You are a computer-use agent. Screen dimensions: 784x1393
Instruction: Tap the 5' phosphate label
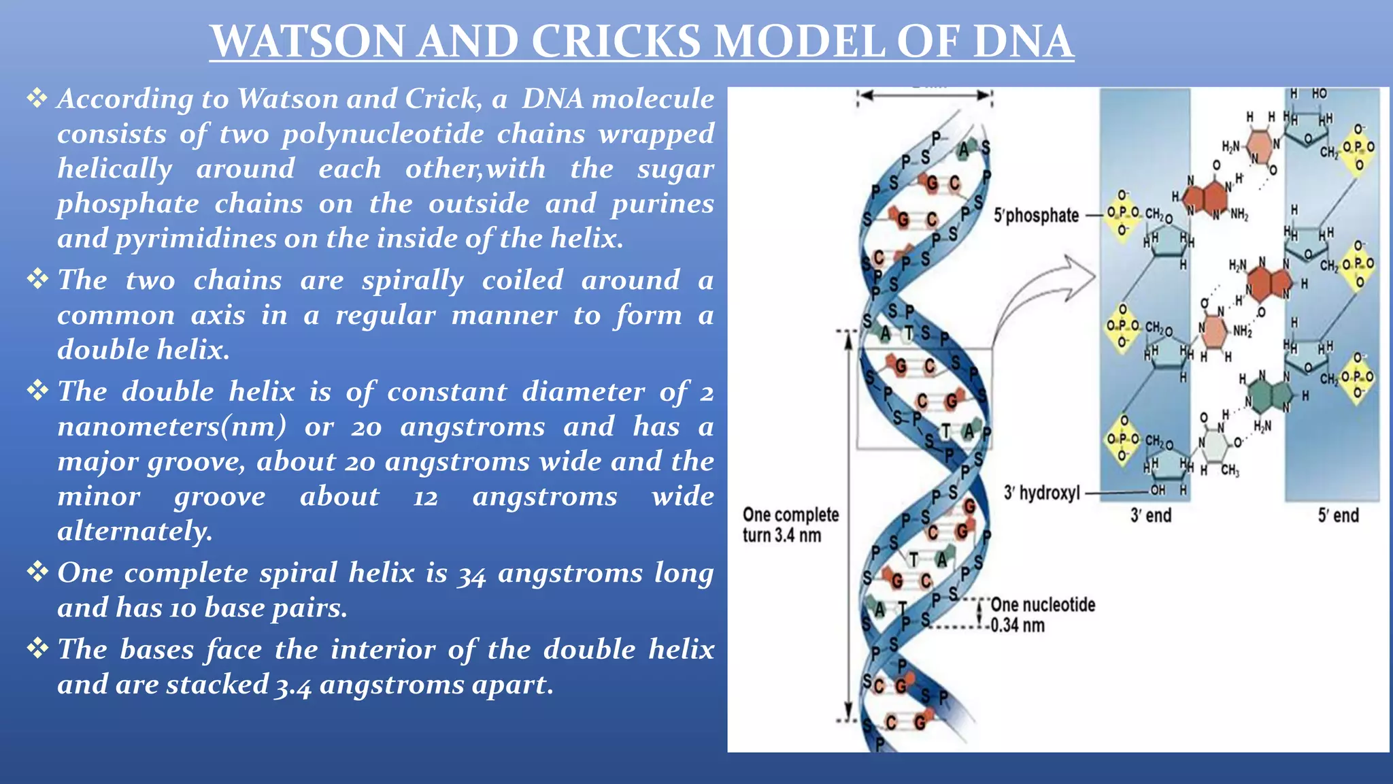(1036, 216)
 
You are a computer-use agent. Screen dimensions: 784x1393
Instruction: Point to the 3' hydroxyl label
(1041, 493)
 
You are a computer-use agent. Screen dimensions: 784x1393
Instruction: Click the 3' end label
(1151, 515)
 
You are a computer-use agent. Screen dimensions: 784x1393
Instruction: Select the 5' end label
(1338, 515)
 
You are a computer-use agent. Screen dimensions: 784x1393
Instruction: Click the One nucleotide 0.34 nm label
(1042, 615)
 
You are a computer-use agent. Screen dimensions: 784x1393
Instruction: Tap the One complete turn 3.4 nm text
(790, 525)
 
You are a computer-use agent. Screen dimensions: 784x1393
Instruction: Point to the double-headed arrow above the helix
(924, 96)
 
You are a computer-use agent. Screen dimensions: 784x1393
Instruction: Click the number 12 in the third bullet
(426, 497)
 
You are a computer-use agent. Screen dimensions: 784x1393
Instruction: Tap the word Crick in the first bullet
(442, 99)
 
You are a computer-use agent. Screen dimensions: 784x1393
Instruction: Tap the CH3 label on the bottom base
(1229, 470)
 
